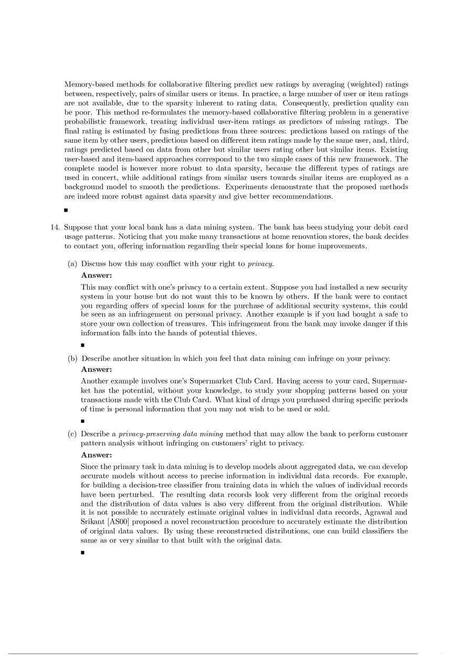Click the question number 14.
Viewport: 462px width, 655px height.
(55, 227)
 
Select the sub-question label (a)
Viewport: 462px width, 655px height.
(73, 264)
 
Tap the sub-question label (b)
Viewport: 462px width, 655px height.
(73, 359)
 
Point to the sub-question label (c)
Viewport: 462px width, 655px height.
(73, 434)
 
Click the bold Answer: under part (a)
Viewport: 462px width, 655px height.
(97, 275)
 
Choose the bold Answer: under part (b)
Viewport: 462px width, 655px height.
(97, 369)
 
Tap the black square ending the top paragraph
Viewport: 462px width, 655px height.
(66, 210)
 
